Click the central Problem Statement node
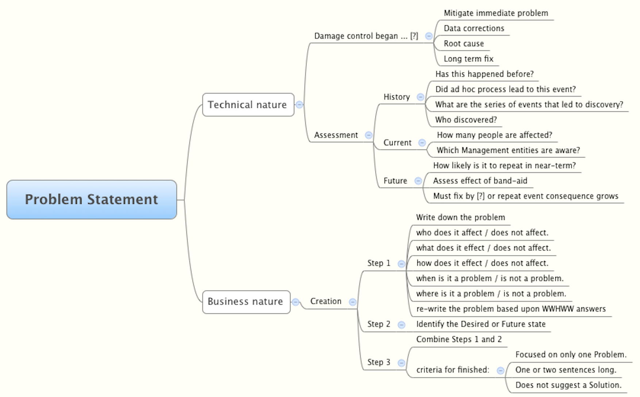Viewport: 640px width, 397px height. coord(92,199)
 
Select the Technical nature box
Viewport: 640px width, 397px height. coord(248,105)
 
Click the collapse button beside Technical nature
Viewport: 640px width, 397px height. coord(299,105)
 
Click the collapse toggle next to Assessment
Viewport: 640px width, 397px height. coord(369,135)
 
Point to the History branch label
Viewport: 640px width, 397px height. coord(397,97)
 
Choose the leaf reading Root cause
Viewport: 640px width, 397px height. coord(464,44)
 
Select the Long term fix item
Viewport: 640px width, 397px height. coord(469,59)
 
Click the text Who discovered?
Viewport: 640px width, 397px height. coord(466,120)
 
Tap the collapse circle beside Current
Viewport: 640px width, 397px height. coord(422,143)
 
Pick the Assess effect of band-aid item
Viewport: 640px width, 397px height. coord(480,181)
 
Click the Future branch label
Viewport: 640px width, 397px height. coord(395,181)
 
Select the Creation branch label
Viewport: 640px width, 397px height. coord(326,301)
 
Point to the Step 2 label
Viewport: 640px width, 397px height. coord(379,324)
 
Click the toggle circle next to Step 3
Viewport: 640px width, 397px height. coord(401,363)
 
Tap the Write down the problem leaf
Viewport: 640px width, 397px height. coord(460,217)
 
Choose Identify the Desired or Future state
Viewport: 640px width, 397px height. coord(481,324)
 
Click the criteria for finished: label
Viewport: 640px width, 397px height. coord(452,370)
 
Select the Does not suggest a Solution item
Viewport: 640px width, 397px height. coord(568,385)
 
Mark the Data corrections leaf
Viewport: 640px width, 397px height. coord(474,28)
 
